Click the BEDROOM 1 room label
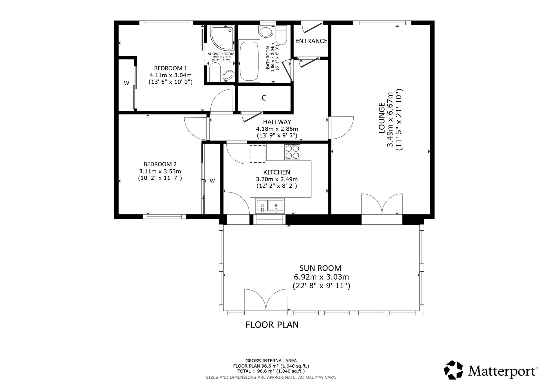coord(171,68)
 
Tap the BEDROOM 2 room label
coord(160,164)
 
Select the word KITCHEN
coord(277,172)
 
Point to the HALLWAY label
coord(277,122)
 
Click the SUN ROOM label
coord(320,268)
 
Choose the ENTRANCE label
coord(311,41)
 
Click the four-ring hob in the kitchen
coord(292,152)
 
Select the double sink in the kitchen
coord(269,205)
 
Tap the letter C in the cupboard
coord(264,98)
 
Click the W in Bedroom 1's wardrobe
coord(126,83)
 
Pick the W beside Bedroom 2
coord(212,181)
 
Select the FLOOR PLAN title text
coord(272,325)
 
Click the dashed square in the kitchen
coord(257,154)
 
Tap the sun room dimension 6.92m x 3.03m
coord(321,277)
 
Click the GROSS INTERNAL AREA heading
coord(271,361)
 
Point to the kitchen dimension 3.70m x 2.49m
coord(277,179)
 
